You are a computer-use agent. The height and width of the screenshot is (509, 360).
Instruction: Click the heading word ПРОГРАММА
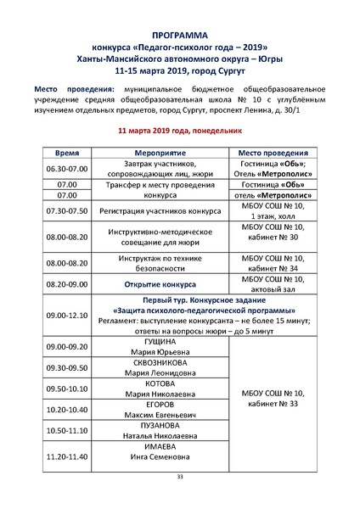click(180, 35)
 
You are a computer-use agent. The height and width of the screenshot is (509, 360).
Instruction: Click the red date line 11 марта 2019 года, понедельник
click(180, 131)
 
